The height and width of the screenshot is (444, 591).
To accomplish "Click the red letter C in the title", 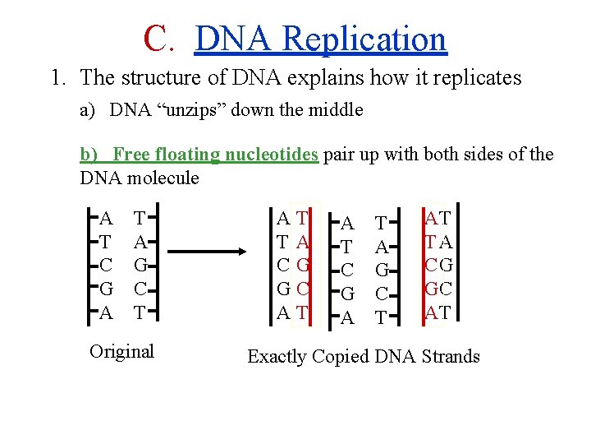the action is (x=155, y=38).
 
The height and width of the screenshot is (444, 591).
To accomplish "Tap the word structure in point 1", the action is (x=155, y=78).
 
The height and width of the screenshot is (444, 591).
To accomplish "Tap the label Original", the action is (x=121, y=351).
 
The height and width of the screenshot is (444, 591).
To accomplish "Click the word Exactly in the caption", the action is (x=279, y=356).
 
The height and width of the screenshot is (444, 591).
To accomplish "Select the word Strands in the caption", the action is (x=451, y=356).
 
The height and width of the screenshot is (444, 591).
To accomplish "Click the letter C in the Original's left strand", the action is (x=105, y=266).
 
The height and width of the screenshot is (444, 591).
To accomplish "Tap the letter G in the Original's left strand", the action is (x=105, y=289).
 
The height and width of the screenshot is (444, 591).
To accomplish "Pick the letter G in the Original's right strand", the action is (x=140, y=266).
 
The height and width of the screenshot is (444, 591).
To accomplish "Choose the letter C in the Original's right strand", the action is (x=140, y=289).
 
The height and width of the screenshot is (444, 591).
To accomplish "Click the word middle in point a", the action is (x=334, y=110).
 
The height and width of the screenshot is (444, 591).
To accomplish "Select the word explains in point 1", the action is (x=328, y=78).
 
